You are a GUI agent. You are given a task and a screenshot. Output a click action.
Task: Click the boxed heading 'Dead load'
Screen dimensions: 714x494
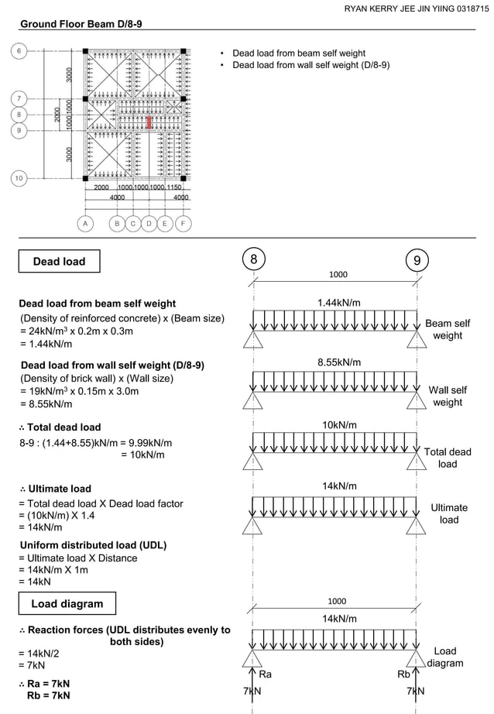click(x=59, y=262)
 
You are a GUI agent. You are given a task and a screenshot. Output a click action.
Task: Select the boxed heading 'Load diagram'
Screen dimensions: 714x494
click(x=66, y=603)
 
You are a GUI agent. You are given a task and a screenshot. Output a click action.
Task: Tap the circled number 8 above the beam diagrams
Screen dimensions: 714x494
click(x=253, y=259)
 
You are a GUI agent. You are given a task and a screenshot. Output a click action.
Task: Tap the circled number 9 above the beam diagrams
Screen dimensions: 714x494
click(x=417, y=260)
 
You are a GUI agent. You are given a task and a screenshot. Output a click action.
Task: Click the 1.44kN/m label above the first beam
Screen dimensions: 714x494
click(x=338, y=302)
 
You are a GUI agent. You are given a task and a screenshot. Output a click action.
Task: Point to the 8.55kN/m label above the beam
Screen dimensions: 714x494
click(x=338, y=362)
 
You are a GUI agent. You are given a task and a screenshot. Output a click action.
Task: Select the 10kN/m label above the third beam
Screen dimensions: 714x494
click(x=338, y=425)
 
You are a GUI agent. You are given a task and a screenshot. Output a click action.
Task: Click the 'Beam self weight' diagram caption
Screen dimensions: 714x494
click(x=448, y=329)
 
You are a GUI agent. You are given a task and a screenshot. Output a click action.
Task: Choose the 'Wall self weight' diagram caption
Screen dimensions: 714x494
click(x=448, y=396)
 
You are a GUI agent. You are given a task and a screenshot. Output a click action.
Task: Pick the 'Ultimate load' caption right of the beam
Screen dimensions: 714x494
click(x=449, y=513)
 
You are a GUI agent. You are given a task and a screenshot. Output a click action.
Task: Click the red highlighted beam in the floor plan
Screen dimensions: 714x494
click(x=149, y=123)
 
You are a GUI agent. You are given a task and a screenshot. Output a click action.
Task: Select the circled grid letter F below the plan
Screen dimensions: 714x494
click(x=183, y=224)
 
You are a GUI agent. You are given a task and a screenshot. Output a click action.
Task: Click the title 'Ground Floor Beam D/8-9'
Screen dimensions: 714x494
click(x=81, y=24)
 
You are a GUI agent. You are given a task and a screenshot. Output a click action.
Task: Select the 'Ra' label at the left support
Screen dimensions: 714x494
click(x=265, y=675)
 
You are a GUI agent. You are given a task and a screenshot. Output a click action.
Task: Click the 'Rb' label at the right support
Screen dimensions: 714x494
click(x=403, y=675)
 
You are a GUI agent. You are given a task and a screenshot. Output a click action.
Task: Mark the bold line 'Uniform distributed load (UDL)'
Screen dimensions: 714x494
click(x=93, y=544)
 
